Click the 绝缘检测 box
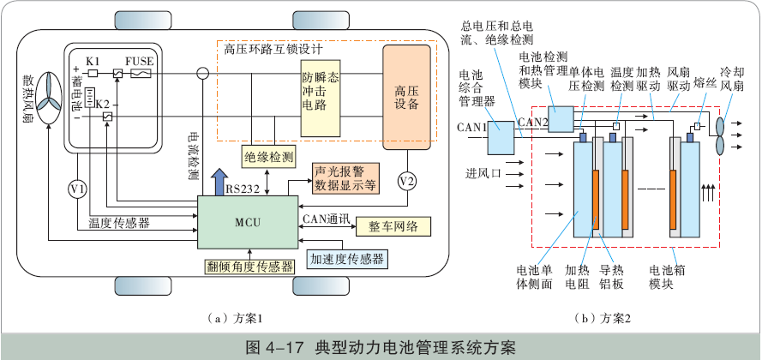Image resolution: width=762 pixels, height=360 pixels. pyautogui.click(x=268, y=156)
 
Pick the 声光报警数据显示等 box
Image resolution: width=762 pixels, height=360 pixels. pyautogui.click(x=345, y=177)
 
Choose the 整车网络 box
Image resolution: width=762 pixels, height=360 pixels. pyautogui.click(x=393, y=226)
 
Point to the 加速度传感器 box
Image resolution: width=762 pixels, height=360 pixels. pyautogui.click(x=346, y=258)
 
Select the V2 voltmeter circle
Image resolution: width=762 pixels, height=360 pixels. pyautogui.click(x=407, y=181)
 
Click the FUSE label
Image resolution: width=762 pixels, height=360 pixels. pyautogui.click(x=139, y=62)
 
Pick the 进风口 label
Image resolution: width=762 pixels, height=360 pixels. pyautogui.click(x=483, y=172)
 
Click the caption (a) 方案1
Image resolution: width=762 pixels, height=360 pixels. pyautogui.click(x=221, y=318)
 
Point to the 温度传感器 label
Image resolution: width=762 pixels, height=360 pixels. pyautogui.click(x=119, y=223)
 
